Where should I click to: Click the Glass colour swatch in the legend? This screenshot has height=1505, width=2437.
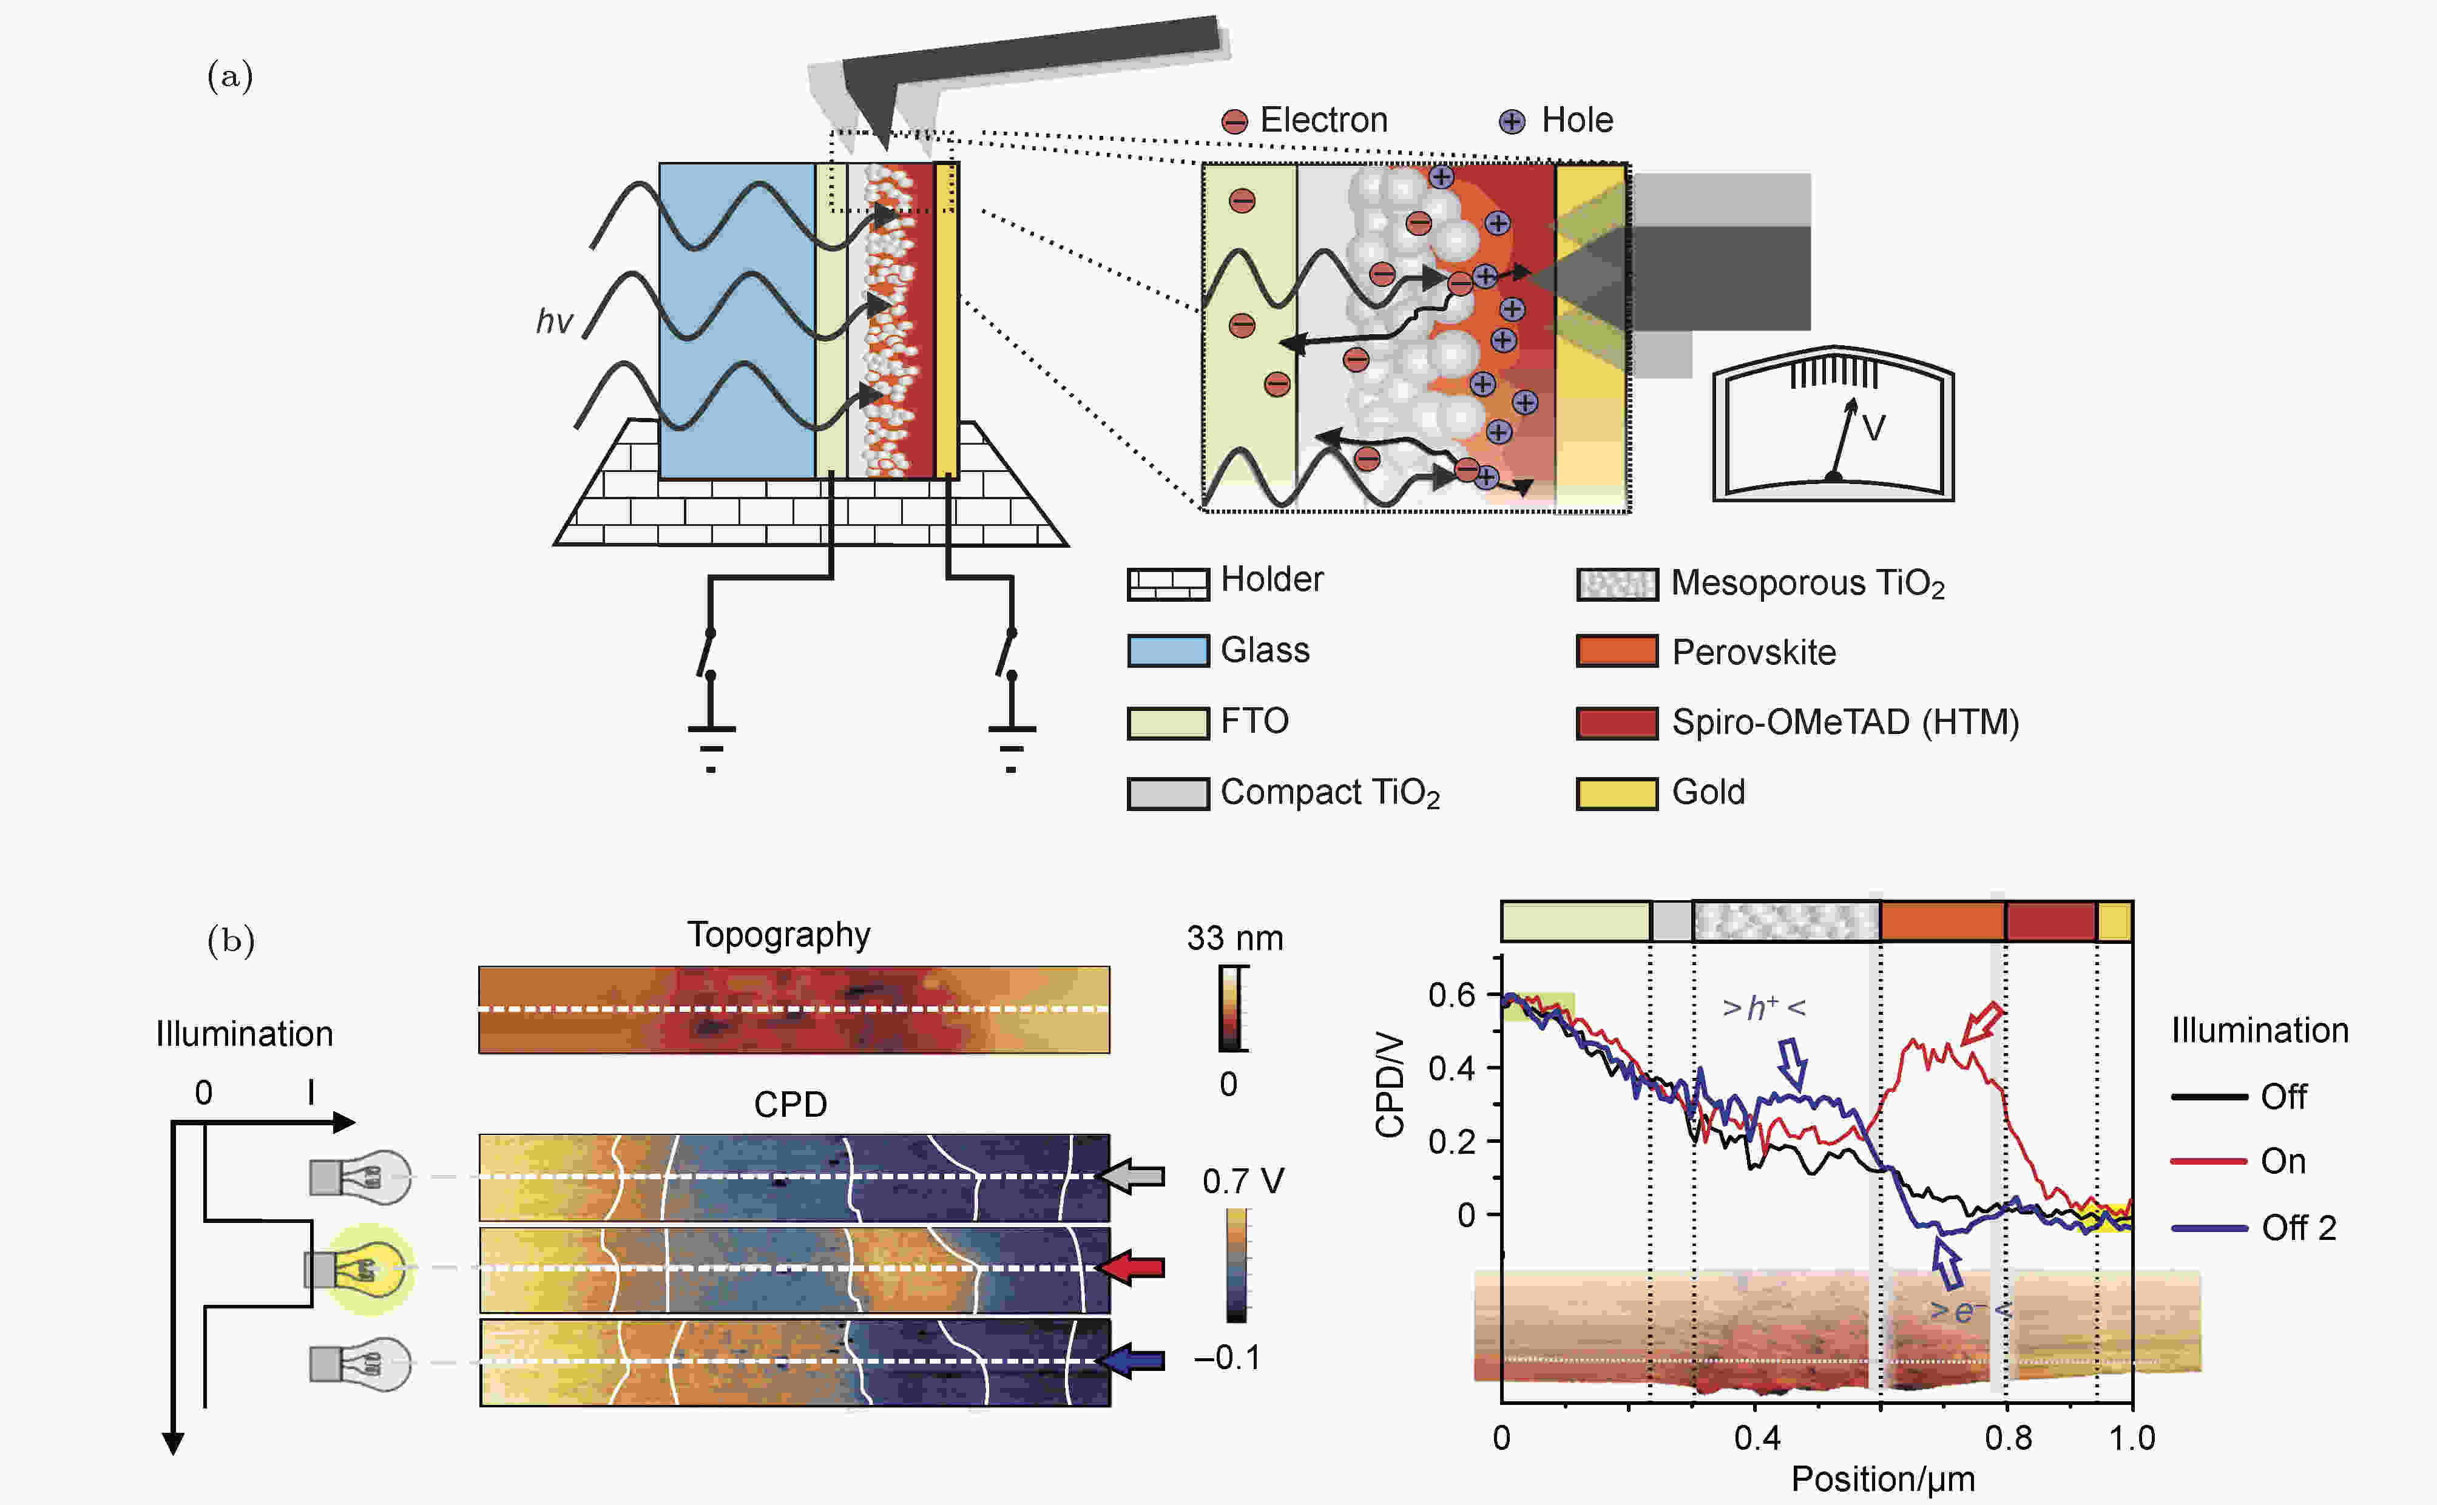[1168, 651]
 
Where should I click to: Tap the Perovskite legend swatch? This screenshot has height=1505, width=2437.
[1616, 651]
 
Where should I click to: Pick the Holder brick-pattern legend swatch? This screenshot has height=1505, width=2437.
[1168, 584]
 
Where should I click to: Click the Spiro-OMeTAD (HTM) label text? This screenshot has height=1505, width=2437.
[1845, 722]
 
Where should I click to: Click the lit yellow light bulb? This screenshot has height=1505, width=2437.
[367, 1269]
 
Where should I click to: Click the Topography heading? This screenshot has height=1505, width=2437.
[779, 935]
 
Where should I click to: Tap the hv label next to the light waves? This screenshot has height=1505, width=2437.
[553, 322]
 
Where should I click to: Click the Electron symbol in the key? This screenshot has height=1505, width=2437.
[1234, 121]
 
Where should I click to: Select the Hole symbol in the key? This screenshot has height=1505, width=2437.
[1511, 121]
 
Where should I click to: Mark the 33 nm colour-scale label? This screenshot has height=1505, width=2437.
[1234, 938]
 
